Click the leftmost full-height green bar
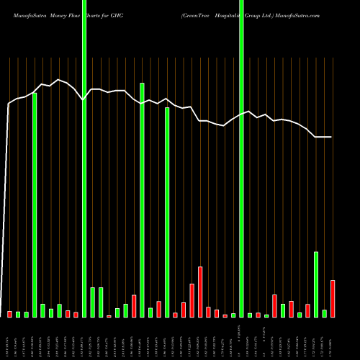click(84, 158)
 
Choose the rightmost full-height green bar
click(242, 158)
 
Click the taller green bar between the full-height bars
click(143, 200)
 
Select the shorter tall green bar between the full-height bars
click(167, 212)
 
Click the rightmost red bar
click(333, 299)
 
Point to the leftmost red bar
click(9, 314)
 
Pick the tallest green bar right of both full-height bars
click(316, 284)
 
